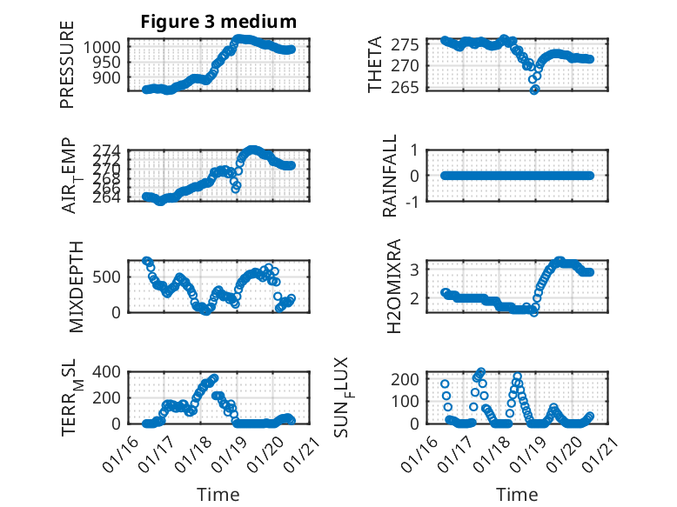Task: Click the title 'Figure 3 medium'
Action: (x=218, y=22)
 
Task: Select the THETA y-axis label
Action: (x=375, y=66)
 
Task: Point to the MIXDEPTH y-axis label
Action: (x=67, y=284)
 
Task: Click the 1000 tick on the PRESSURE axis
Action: (x=105, y=47)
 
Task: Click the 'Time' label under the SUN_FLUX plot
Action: (x=516, y=494)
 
